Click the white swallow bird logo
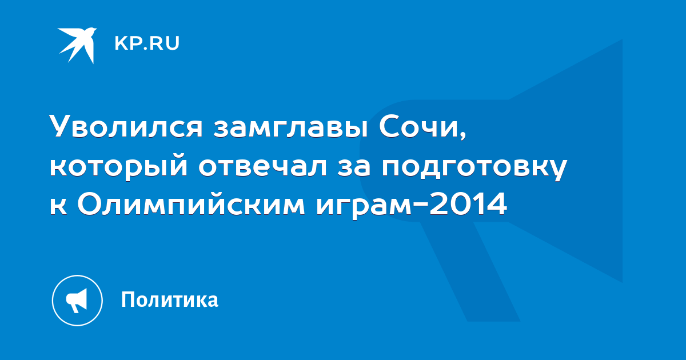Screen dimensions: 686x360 point(78,45)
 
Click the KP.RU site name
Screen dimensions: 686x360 point(147,43)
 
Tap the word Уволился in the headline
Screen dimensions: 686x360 point(126,126)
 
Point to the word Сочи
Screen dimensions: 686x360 point(418,126)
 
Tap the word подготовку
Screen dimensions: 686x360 point(474,169)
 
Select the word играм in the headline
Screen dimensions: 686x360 point(364,207)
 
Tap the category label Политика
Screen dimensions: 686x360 point(170,299)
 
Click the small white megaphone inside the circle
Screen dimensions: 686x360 point(77,301)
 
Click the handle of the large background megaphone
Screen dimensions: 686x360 point(470,271)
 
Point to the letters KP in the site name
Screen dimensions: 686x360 point(128,43)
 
